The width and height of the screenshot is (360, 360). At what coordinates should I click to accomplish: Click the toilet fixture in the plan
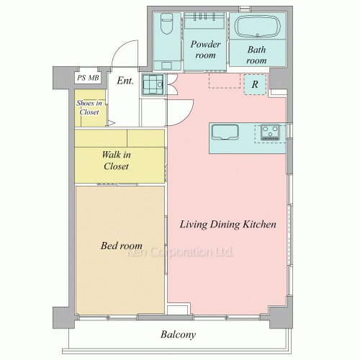(x=166, y=24)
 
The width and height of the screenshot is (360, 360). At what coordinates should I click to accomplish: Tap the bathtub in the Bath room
(x=258, y=26)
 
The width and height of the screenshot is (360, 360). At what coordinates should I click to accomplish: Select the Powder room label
(x=205, y=50)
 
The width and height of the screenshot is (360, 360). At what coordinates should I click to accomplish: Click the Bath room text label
(x=256, y=55)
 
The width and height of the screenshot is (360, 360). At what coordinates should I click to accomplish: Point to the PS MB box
(x=88, y=78)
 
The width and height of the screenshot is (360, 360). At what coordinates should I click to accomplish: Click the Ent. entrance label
(x=125, y=81)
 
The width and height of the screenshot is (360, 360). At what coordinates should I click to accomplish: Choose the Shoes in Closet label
(x=89, y=107)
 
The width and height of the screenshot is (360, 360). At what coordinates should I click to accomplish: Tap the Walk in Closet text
(x=117, y=161)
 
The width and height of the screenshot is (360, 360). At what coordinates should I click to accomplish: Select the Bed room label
(x=122, y=246)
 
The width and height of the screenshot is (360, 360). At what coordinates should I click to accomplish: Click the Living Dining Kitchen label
(x=228, y=225)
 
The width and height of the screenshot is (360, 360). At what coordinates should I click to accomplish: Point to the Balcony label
(x=178, y=335)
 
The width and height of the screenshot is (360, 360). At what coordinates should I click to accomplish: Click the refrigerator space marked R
(x=255, y=84)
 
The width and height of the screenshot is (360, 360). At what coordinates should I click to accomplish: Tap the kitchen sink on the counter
(x=225, y=132)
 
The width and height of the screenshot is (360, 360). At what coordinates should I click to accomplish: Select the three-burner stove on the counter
(x=270, y=132)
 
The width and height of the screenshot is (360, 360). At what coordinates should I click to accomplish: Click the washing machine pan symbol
(x=153, y=84)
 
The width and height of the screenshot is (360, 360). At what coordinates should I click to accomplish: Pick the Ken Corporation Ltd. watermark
(x=179, y=252)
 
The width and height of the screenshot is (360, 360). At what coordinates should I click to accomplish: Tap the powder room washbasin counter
(x=204, y=21)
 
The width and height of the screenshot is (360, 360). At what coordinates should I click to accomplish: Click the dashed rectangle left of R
(x=225, y=81)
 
